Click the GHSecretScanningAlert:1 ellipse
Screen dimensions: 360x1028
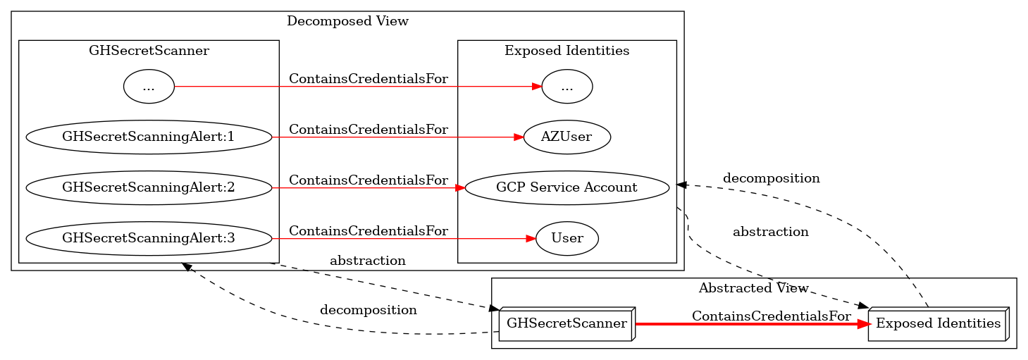pyautogui.click(x=149, y=137)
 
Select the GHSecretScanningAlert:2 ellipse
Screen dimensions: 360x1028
pyautogui.click(x=149, y=187)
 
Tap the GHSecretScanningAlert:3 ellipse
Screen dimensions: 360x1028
pyautogui.click(x=149, y=238)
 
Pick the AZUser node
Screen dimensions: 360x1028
pyautogui.click(x=566, y=137)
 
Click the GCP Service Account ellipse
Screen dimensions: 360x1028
pyautogui.click(x=566, y=187)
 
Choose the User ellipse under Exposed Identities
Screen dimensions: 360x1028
pyautogui.click(x=566, y=238)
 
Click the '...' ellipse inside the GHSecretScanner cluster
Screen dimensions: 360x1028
pyautogui.click(x=149, y=87)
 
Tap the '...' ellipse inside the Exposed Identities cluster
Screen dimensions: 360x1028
pyautogui.click(x=566, y=87)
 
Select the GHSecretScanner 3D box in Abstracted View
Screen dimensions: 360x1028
pyautogui.click(x=566, y=324)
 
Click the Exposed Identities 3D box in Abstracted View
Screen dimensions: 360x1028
pyautogui.click(x=938, y=324)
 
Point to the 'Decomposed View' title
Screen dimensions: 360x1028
pyautogui.click(x=347, y=21)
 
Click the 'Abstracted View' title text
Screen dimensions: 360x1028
pyautogui.click(x=753, y=287)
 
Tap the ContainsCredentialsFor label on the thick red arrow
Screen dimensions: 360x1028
pyautogui.click(x=771, y=316)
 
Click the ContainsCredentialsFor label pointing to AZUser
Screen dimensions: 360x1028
pyautogui.click(x=368, y=130)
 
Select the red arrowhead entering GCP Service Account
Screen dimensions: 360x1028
pyautogui.click(x=459, y=187)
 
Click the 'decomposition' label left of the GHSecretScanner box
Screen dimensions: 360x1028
pyautogui.click(x=368, y=310)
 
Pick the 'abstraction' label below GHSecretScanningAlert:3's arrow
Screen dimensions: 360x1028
pyautogui.click(x=367, y=261)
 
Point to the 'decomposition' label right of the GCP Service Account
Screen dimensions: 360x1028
pyautogui.click(x=771, y=178)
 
